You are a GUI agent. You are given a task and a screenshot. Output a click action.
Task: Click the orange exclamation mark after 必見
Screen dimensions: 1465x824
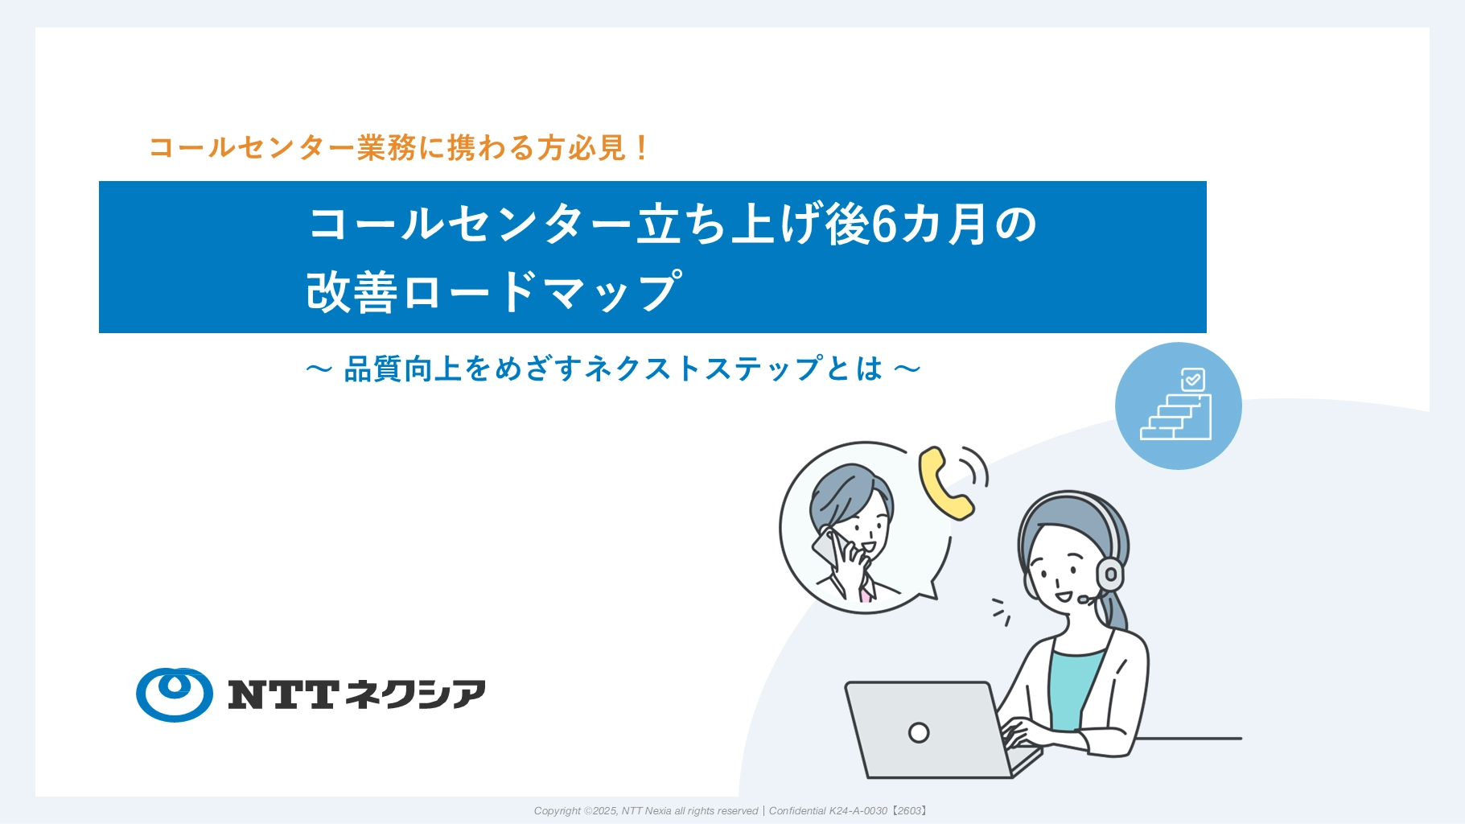coord(641,147)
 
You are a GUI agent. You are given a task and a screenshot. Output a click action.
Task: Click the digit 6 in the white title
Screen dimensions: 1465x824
coord(884,224)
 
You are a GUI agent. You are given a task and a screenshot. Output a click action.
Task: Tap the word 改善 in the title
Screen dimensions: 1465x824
coord(352,291)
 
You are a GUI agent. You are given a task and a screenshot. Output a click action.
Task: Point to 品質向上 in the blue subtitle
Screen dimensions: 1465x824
coord(403,369)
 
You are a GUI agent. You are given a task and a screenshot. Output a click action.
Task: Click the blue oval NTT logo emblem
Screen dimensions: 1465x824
coord(175,694)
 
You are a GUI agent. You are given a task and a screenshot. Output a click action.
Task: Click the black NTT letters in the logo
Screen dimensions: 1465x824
coord(282,694)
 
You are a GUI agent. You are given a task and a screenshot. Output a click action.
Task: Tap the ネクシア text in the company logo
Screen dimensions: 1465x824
coord(415,694)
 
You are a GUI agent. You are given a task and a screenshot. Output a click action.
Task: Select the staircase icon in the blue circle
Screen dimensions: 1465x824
coord(1175,417)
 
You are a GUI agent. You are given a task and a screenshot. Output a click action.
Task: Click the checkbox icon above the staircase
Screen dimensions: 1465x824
coord(1192,379)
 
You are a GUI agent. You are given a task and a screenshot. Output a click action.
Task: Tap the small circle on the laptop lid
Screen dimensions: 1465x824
coord(919,732)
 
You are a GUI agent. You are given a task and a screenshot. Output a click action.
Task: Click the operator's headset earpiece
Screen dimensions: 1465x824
coord(1109,574)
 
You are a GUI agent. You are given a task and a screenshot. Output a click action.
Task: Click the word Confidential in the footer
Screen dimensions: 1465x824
coord(797,811)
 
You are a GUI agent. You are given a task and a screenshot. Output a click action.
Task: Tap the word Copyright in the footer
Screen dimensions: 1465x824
coord(557,811)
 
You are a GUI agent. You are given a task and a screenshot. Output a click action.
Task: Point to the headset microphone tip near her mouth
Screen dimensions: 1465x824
coord(1083,599)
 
